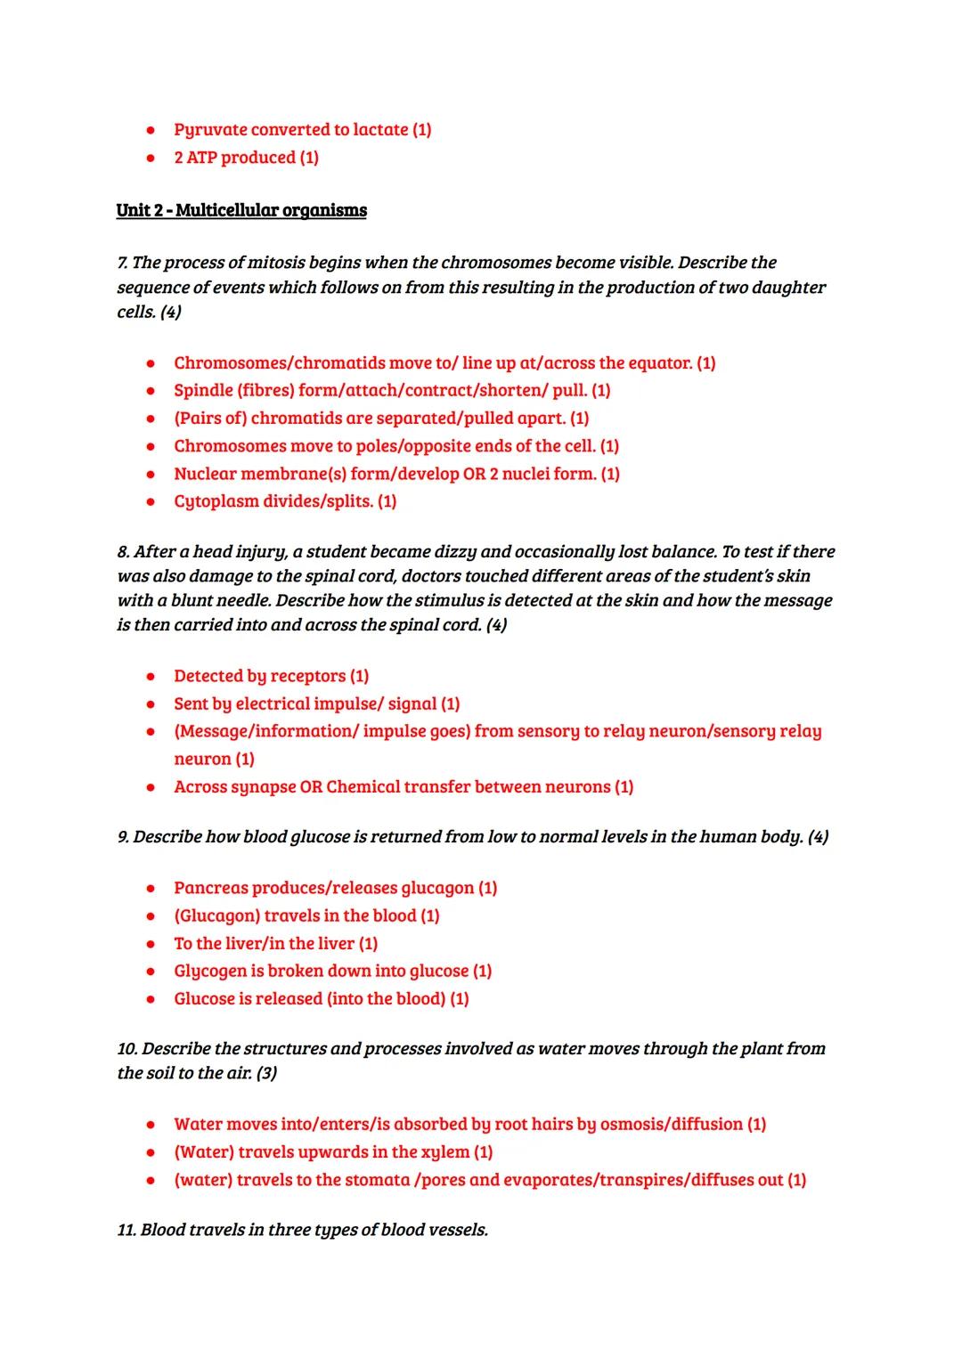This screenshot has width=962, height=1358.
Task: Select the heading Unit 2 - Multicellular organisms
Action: pyautogui.click(x=241, y=210)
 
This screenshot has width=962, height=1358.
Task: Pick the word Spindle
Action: pyautogui.click(x=203, y=391)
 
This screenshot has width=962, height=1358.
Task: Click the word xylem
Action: pyautogui.click(x=444, y=1152)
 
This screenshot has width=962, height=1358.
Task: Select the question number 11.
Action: pyautogui.click(x=126, y=1231)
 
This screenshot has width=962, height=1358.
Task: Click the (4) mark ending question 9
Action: pyautogui.click(x=817, y=837)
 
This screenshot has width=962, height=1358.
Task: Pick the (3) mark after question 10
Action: pyautogui.click(x=266, y=1073)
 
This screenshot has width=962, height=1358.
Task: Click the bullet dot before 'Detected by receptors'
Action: pyautogui.click(x=152, y=677)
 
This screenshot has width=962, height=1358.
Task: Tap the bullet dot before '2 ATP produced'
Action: pyautogui.click(x=152, y=158)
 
